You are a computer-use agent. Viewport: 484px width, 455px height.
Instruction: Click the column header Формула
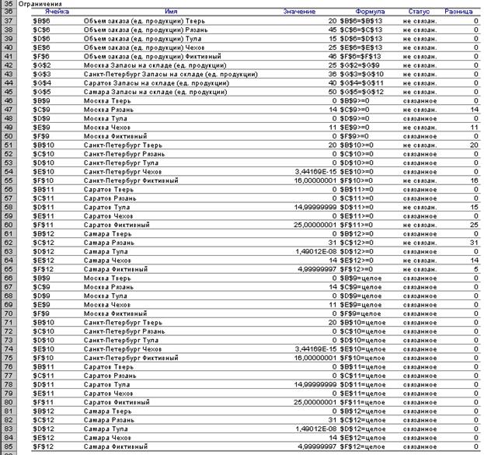pyautogui.click(x=370, y=12)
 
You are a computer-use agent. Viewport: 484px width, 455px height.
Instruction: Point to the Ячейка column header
pyautogui.click(x=57, y=12)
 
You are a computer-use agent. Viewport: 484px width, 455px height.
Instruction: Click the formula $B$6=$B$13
pyautogui.click(x=360, y=19)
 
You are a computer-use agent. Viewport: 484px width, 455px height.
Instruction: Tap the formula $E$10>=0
pyautogui.click(x=358, y=173)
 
